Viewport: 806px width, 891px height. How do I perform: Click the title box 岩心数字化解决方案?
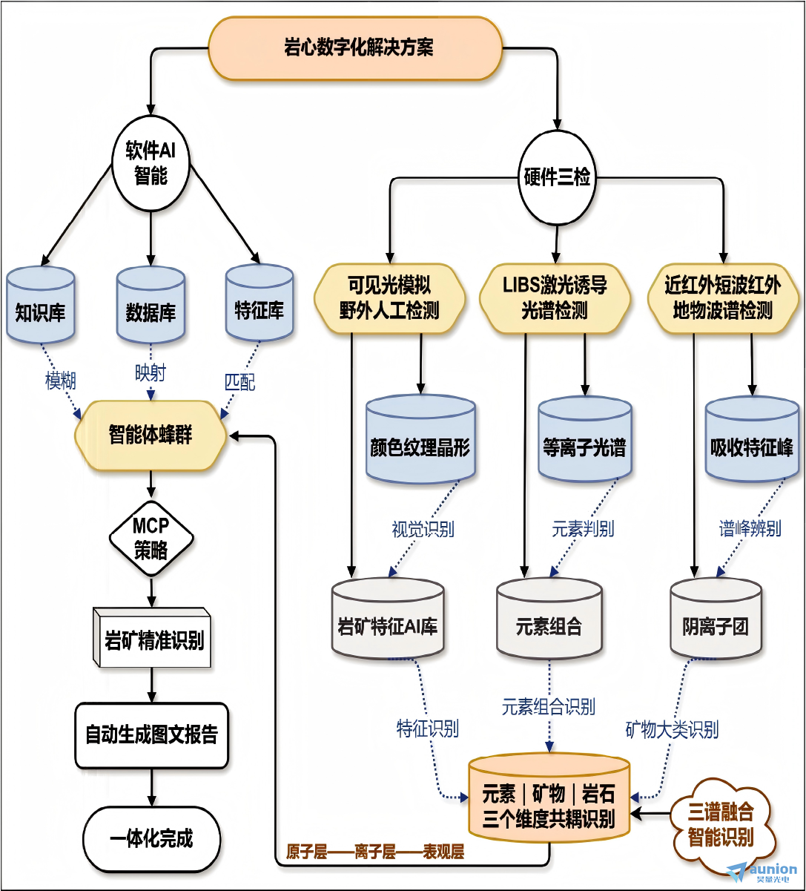(356, 48)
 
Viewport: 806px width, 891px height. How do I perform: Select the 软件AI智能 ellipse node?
(151, 162)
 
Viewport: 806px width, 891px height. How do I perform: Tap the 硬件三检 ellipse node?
(557, 177)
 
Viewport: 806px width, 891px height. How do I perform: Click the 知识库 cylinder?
(40, 305)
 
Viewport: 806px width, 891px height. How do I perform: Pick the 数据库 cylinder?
(151, 305)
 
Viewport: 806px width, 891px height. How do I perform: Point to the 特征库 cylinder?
(260, 303)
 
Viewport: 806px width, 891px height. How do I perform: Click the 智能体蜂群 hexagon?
(151, 435)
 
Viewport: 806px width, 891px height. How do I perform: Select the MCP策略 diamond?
(151, 539)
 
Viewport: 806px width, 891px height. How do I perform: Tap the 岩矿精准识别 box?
(152, 638)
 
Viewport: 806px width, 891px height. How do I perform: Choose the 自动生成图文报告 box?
(151, 735)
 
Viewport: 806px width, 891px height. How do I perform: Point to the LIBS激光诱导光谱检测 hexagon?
(555, 298)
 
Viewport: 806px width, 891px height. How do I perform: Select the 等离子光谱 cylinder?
(585, 440)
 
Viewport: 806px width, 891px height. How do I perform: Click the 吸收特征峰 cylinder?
(752, 440)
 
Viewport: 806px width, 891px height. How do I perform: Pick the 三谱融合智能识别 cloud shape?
(721, 825)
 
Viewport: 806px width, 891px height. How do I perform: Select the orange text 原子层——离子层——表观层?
(374, 852)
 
